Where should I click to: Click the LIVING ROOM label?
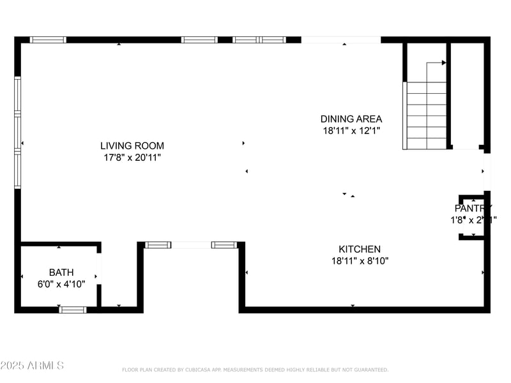tap(132, 145)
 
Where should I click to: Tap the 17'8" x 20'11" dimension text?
tap(132, 157)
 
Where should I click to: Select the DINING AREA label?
tap(351, 119)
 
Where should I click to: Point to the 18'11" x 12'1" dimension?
tap(351, 131)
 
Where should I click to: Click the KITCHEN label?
tap(360, 249)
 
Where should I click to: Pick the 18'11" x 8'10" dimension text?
tap(360, 260)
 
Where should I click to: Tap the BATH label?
tap(61, 272)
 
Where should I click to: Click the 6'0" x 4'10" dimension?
tap(61, 283)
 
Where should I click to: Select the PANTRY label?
tap(473, 208)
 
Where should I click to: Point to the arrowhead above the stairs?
tap(443, 63)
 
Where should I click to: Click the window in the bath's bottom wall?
tap(72, 310)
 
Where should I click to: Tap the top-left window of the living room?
tap(49, 40)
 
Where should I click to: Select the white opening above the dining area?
tap(341, 40)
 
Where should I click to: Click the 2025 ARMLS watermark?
tap(32, 366)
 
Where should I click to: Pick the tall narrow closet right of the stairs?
tap(467, 96)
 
